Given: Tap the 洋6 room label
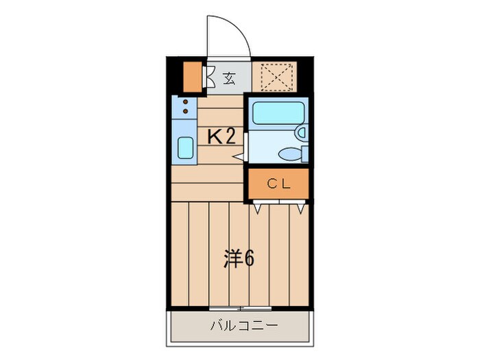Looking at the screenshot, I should (x=239, y=259).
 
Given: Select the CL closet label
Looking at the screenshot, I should (x=278, y=183).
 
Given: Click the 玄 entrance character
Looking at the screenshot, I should (x=229, y=79).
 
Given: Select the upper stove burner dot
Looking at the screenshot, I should (x=186, y=102).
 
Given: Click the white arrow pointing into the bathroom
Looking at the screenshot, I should (x=239, y=156).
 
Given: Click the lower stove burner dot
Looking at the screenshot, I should (x=186, y=112).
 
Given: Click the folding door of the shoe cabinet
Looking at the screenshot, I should (x=208, y=77).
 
